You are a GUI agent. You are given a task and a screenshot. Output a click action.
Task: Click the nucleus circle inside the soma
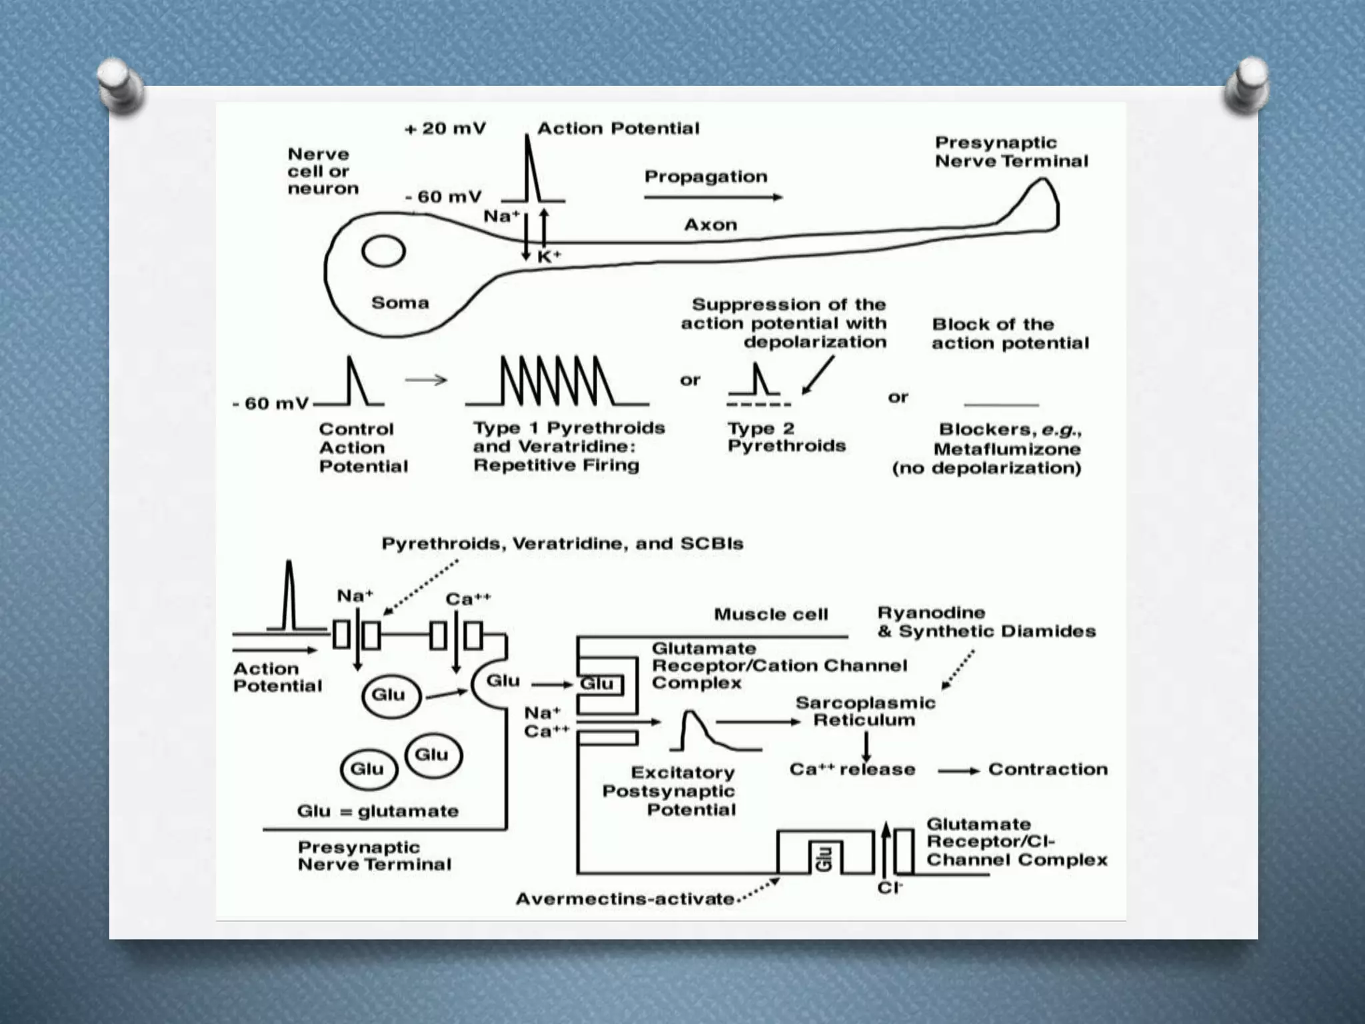[x=383, y=252]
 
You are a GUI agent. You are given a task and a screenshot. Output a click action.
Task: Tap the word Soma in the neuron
[x=400, y=303]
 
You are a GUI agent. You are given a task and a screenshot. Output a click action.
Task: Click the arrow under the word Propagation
[x=713, y=197]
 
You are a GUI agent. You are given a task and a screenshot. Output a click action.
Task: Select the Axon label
[x=710, y=225]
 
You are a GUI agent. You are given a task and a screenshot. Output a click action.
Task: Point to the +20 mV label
[x=445, y=128]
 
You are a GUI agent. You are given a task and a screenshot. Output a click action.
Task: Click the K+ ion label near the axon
[x=549, y=257]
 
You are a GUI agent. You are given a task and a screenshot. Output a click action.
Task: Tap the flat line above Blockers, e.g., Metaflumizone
[x=1001, y=405]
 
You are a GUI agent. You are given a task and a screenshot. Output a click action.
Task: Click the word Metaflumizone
[x=1006, y=449]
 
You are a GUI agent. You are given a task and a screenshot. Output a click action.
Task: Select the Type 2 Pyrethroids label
[x=786, y=437]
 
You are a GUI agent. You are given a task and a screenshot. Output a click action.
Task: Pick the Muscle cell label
[x=770, y=614]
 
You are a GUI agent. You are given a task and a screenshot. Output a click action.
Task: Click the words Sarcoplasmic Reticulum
[x=865, y=711]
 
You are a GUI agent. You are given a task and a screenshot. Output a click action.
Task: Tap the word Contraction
[x=1048, y=769]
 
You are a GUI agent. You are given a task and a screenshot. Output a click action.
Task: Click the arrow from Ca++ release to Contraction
[x=958, y=771]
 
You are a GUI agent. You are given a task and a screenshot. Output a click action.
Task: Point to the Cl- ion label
[x=890, y=888]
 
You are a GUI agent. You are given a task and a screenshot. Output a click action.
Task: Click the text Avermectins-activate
[x=625, y=899]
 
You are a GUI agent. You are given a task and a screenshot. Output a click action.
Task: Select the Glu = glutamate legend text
[x=378, y=811]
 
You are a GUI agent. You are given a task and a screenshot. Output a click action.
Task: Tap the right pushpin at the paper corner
[x=1246, y=85]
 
